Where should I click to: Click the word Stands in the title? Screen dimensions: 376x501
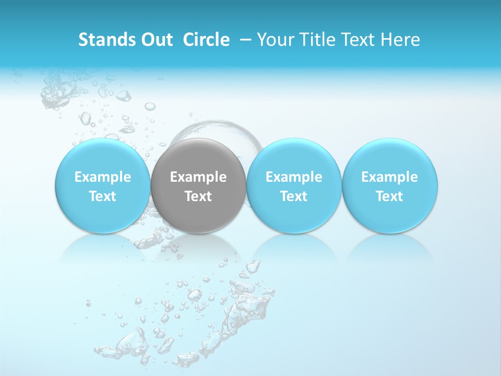click(x=102, y=40)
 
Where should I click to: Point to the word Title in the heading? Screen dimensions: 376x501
click(x=316, y=40)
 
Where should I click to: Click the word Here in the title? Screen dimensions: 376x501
click(x=401, y=40)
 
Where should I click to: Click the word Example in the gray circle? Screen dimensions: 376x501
click(x=198, y=177)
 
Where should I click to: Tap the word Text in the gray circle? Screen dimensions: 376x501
click(x=198, y=196)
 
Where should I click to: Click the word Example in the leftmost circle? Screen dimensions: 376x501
click(x=103, y=177)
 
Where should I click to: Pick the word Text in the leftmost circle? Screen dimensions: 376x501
click(x=103, y=196)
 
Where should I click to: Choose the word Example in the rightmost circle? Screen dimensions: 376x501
click(x=390, y=177)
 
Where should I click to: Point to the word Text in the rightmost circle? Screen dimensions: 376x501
click(x=390, y=196)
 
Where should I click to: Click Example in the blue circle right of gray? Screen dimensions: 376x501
click(x=294, y=177)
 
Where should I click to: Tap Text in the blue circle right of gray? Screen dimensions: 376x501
click(x=294, y=196)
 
